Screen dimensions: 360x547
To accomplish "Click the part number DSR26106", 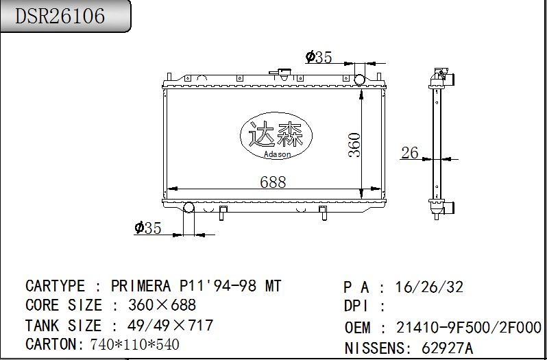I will (x=60, y=16).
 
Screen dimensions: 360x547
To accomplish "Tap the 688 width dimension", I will (x=273, y=182).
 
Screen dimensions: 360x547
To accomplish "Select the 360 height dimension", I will (x=354, y=145).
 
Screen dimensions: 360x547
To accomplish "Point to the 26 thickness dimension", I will (x=409, y=153).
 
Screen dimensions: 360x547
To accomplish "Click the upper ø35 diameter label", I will (x=319, y=58).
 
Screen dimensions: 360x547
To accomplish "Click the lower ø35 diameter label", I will (x=148, y=228).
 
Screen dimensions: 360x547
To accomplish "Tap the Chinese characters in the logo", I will (x=276, y=135).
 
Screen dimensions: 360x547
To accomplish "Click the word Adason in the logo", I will (x=277, y=154).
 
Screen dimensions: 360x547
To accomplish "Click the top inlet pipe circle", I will (x=360, y=79).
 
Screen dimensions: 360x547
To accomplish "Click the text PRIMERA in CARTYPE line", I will (x=143, y=286).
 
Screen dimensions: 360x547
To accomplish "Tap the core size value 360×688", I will (x=162, y=305).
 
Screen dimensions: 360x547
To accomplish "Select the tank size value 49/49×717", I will (x=171, y=325).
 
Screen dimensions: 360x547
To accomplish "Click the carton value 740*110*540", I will (x=134, y=344).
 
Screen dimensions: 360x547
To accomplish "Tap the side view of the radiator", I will (x=435, y=144).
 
